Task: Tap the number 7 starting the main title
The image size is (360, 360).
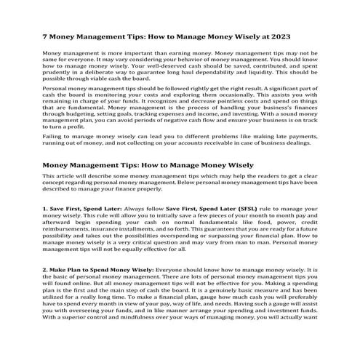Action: (x=44, y=35)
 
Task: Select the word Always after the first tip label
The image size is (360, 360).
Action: (x=137, y=208)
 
